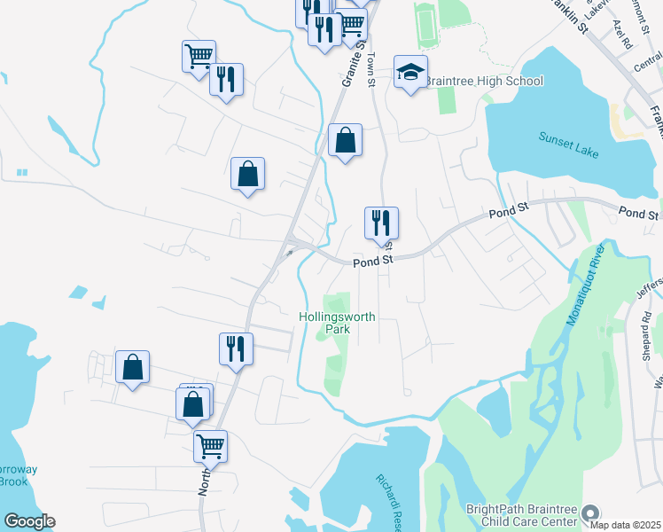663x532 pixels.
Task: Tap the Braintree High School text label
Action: pyautogui.click(x=484, y=82)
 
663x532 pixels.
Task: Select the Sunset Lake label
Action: pyautogui.click(x=569, y=145)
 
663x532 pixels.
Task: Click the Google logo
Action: pyautogui.click(x=29, y=521)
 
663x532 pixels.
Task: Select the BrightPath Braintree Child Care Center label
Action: pyautogui.click(x=523, y=516)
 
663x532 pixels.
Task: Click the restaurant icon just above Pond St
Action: pyautogui.click(x=381, y=224)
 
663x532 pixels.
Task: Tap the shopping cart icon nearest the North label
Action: pyautogui.click(x=211, y=446)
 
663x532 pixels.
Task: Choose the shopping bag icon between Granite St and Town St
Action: pyautogui.click(x=345, y=140)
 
